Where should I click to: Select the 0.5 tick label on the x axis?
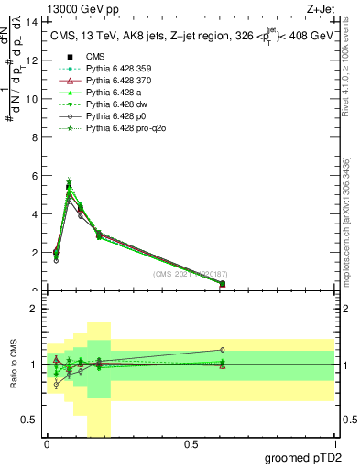tap(191, 445)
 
